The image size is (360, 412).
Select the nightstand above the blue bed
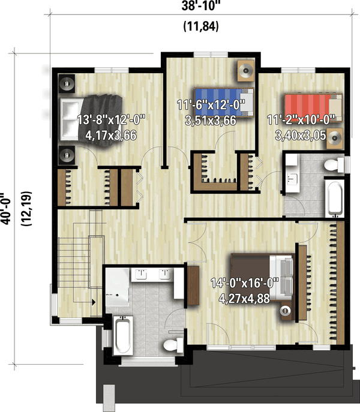(x=245, y=71)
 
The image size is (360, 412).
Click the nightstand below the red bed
(x=333, y=137)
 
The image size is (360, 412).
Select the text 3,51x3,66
(x=209, y=119)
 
